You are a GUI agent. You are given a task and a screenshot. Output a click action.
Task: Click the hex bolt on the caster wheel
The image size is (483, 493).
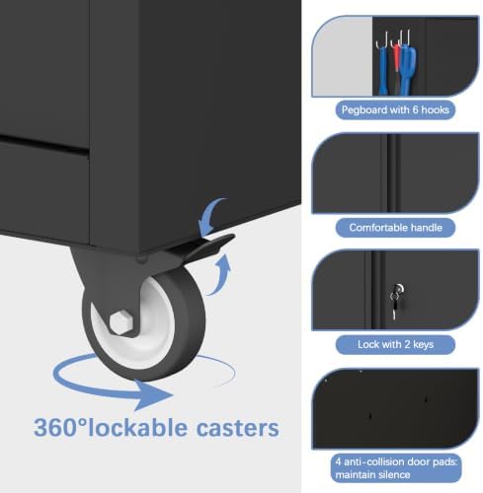tap(121, 322)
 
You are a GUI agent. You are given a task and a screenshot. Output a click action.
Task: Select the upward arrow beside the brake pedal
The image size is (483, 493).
tap(221, 276)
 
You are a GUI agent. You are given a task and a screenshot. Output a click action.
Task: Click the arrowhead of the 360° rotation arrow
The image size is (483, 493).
tap(153, 395)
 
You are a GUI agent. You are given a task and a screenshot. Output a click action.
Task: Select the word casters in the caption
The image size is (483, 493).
tap(238, 428)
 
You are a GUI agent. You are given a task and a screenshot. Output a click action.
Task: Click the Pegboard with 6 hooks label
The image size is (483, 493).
tap(395, 109)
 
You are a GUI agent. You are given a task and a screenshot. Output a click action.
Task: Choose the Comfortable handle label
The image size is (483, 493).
tap(395, 228)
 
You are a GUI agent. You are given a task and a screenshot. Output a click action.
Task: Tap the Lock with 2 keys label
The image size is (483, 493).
tap(395, 344)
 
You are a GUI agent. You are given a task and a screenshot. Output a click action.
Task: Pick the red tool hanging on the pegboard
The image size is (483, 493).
tap(396, 62)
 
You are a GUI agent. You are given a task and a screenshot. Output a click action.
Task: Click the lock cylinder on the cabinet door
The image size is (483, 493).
tap(399, 289)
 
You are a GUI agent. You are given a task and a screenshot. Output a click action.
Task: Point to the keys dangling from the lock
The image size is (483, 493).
tap(394, 305)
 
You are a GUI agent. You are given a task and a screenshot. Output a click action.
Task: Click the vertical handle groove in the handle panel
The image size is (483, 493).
tap(391, 173)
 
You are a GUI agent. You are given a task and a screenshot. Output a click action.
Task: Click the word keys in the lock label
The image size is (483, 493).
tap(423, 345)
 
